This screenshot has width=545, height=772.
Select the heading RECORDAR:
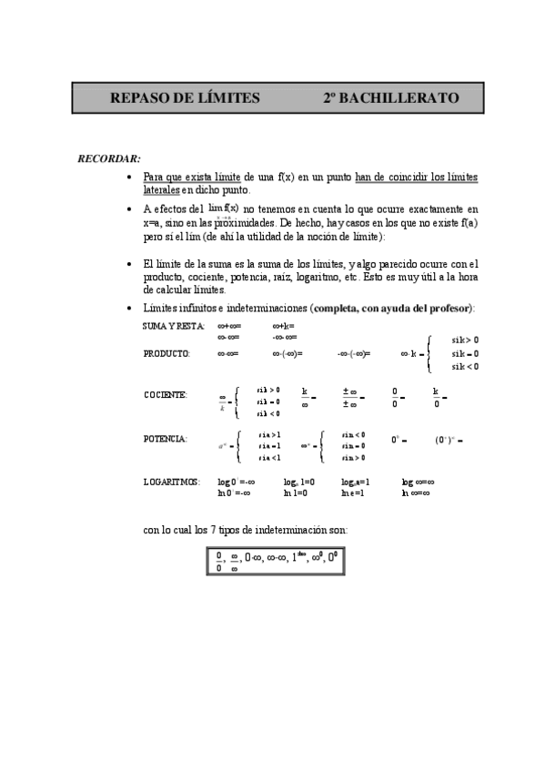coord(108,158)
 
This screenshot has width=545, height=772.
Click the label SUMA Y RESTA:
coord(174,325)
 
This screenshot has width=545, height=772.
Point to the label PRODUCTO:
coord(167,353)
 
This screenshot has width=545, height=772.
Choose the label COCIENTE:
coord(166,395)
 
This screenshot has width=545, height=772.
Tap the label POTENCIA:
coord(166,439)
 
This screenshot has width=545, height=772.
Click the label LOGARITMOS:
coord(171,482)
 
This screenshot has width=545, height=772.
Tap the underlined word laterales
coord(162,190)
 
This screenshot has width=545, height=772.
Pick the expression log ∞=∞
coord(418,482)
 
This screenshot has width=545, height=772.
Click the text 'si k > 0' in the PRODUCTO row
coord(465,340)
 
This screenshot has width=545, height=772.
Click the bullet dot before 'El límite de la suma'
coord(132,264)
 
